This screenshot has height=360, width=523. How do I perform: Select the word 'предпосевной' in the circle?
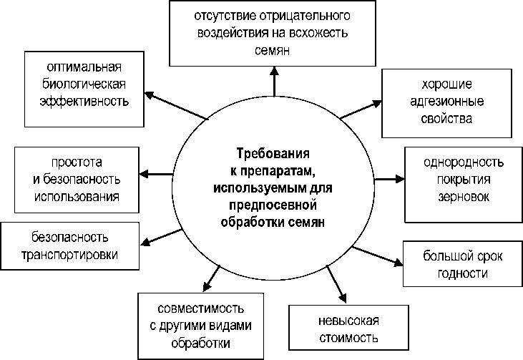[x=275, y=205]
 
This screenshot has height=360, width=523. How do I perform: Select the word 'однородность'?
[x=464, y=163]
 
